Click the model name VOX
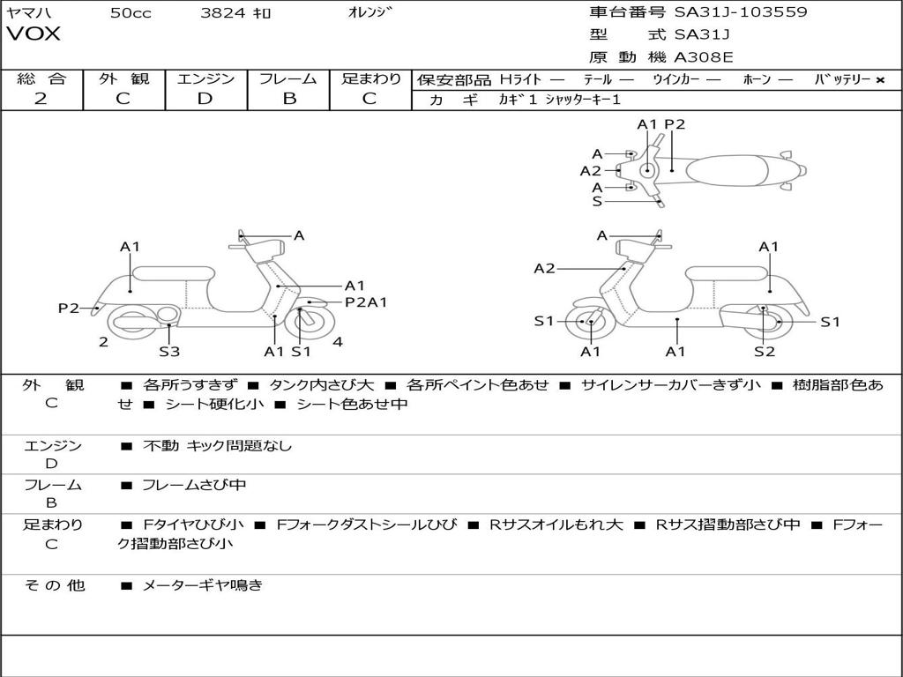(34, 34)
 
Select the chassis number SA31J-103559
(740, 12)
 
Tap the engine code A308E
(704, 57)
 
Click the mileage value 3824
(224, 13)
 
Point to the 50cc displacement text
(131, 13)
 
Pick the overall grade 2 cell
(41, 99)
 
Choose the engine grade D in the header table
(205, 99)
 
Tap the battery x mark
(879, 80)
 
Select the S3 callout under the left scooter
(169, 352)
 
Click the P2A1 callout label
(365, 302)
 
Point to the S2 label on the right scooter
(764, 352)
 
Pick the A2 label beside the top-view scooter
(590, 171)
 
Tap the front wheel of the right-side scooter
(589, 323)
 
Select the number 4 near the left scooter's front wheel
(338, 342)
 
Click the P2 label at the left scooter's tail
(69, 308)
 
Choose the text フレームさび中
(194, 485)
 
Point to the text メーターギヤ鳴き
(202, 584)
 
